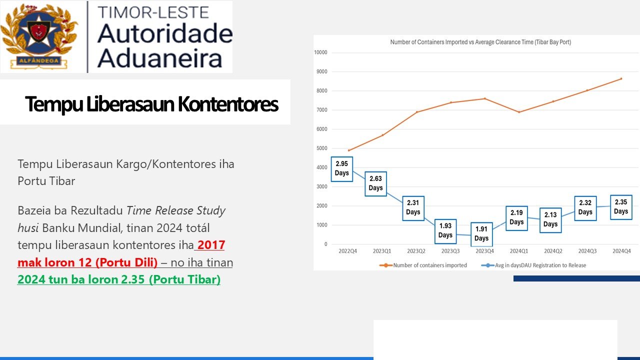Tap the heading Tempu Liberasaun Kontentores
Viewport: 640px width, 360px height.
tap(151, 104)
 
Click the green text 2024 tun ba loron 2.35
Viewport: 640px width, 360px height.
tap(118, 279)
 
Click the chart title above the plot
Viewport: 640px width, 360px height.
tap(480, 42)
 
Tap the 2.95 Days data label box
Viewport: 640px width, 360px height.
tap(342, 168)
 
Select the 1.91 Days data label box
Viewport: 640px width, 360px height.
tap(481, 234)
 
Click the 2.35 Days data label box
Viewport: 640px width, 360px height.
tap(621, 207)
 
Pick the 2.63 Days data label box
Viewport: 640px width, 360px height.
tap(375, 183)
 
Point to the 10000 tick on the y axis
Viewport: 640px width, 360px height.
tap(320, 52)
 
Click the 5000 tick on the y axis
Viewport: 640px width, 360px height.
tap(322, 148)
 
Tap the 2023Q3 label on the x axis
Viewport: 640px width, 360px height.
tap(450, 251)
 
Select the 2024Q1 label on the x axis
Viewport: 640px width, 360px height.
tap(518, 251)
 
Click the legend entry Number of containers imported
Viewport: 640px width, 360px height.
tap(429, 265)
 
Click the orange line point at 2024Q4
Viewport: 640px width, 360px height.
tap(621, 78)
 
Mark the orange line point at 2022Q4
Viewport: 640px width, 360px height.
tap(348, 150)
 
